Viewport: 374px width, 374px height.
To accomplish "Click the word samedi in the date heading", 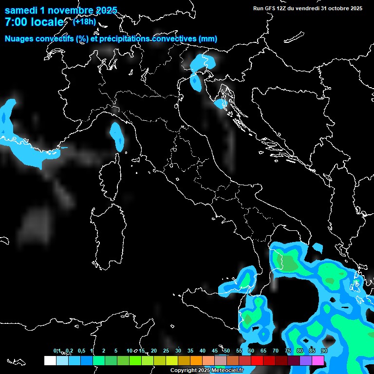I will tap(22, 10).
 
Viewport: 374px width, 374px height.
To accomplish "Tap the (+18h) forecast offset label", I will tap(84, 21).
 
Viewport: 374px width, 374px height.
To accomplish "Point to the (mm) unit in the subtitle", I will tap(208, 38).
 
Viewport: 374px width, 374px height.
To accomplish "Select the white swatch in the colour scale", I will tap(50, 360).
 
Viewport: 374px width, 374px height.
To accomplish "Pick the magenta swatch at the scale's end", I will tap(318, 360).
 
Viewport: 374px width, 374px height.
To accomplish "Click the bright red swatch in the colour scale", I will tap(257, 360).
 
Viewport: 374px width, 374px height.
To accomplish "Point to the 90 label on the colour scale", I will tap(324, 351).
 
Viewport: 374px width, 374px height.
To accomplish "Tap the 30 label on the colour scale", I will tap(178, 351).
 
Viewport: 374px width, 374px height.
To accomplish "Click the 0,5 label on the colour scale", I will tap(81, 351).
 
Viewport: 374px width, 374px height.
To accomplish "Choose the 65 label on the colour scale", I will tap(263, 351).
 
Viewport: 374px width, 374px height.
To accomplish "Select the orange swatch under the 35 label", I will tap(196, 360).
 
